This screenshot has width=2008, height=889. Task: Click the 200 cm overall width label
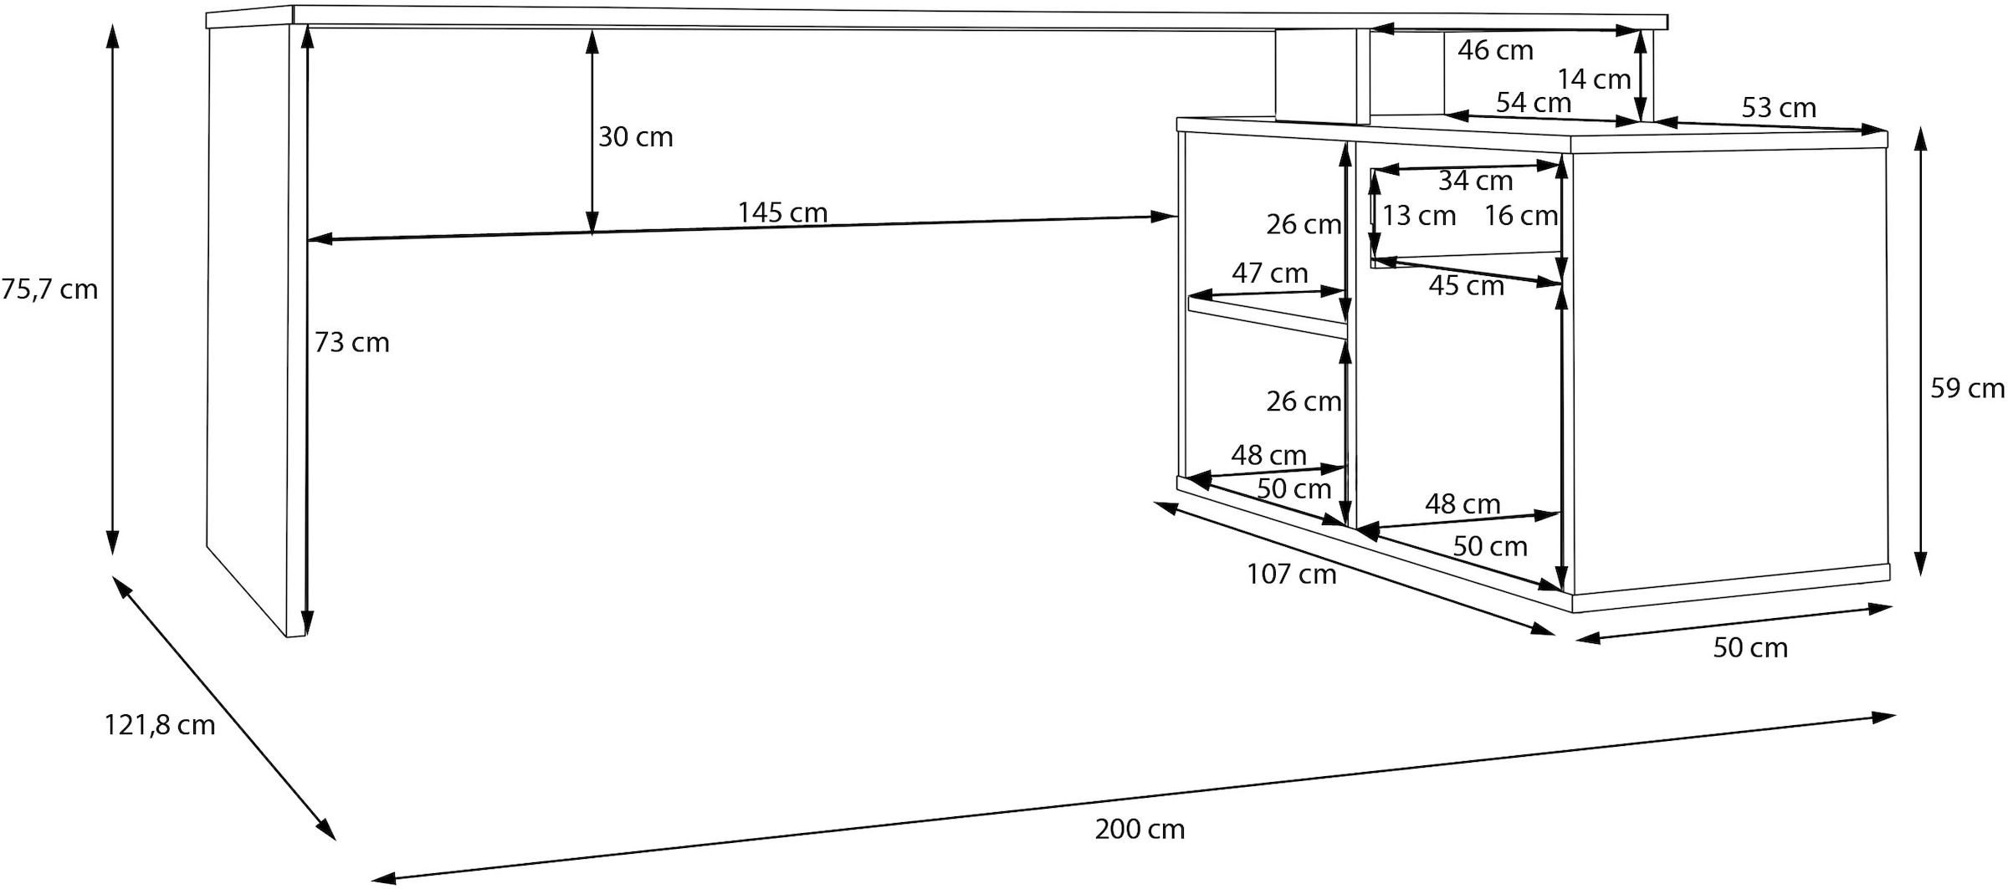(x=1140, y=829)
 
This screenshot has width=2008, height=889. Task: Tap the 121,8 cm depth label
(x=159, y=724)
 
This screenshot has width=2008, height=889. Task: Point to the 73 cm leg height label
(x=351, y=342)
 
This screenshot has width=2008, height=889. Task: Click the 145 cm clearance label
(x=782, y=212)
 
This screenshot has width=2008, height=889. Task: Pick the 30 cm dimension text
(x=635, y=137)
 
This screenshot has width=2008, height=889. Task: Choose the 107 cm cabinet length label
(x=1291, y=574)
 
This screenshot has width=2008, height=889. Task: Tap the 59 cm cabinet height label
(x=1967, y=388)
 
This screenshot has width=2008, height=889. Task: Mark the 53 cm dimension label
(x=1779, y=108)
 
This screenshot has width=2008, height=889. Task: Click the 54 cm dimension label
(x=1533, y=103)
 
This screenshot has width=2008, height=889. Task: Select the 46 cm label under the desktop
(x=1495, y=50)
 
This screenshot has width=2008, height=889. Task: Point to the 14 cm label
(x=1593, y=79)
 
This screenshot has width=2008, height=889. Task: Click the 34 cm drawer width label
(x=1475, y=181)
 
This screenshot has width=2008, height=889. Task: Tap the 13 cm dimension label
(x=1419, y=216)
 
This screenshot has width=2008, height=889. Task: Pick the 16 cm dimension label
(x=1520, y=216)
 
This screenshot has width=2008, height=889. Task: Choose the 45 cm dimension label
(x=1466, y=286)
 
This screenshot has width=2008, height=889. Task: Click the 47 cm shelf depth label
(x=1269, y=273)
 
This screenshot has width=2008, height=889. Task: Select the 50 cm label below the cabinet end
(x=1749, y=647)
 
